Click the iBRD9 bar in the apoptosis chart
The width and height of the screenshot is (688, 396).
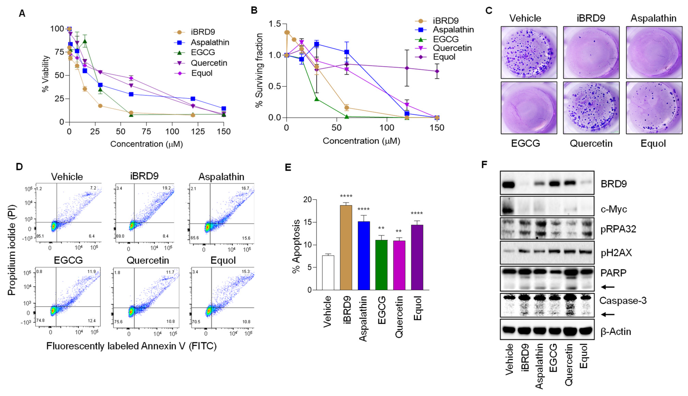click(x=346, y=247)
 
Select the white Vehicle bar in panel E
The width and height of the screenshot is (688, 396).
click(x=328, y=273)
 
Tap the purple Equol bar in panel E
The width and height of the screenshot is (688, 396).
click(x=417, y=257)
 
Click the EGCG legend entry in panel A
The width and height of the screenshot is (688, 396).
click(x=203, y=52)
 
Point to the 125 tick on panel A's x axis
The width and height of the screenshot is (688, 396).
click(x=198, y=132)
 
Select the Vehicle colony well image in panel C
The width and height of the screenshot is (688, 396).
click(x=529, y=52)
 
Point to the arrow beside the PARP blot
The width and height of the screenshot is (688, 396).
click(x=607, y=287)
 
